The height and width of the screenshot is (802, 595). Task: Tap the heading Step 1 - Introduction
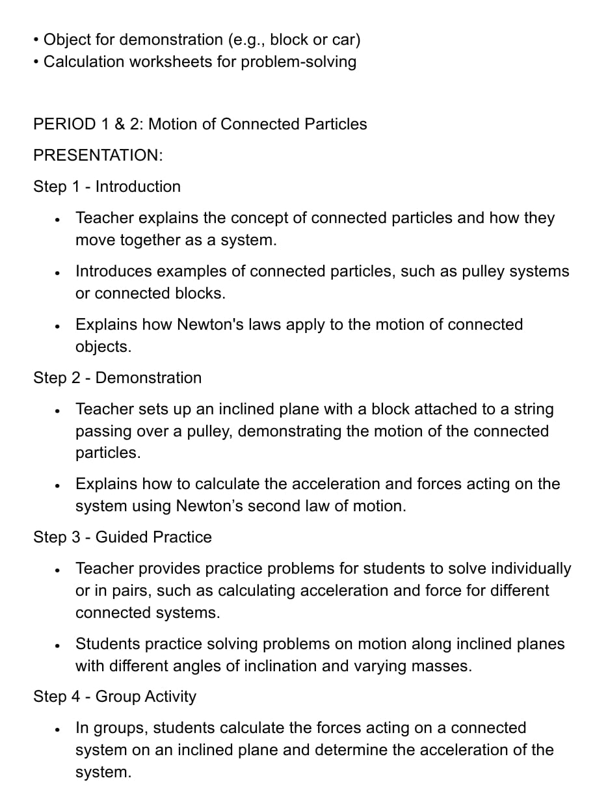pyautogui.click(x=107, y=187)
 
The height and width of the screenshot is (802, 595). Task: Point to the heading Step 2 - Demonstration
pyautogui.click(x=118, y=378)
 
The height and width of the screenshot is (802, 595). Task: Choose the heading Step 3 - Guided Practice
pyautogui.click(x=123, y=537)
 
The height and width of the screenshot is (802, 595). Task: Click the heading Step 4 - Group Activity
pyautogui.click(x=115, y=697)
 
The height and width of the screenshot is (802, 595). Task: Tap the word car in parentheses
pyautogui.click(x=343, y=40)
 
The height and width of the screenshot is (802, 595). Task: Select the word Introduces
pyautogui.click(x=113, y=271)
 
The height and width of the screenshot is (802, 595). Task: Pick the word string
pyautogui.click(x=533, y=409)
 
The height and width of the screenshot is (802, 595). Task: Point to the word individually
pyautogui.click(x=531, y=568)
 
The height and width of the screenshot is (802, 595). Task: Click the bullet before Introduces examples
pyautogui.click(x=59, y=272)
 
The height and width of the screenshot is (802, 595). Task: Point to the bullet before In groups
pyautogui.click(x=59, y=728)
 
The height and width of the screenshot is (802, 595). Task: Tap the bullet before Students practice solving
pyautogui.click(x=59, y=645)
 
